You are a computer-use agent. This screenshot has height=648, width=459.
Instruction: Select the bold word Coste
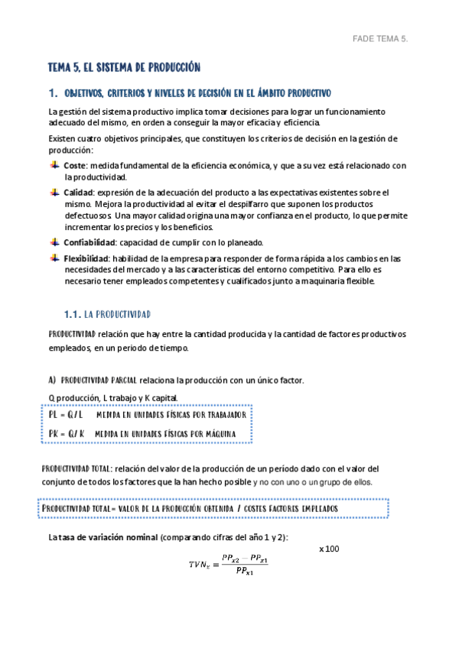pos(74,166)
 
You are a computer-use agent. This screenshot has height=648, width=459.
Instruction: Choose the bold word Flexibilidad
pos(87,258)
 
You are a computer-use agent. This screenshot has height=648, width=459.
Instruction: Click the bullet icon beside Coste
pos(54,165)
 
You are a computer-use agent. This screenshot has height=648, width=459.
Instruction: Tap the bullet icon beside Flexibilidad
pos(54,258)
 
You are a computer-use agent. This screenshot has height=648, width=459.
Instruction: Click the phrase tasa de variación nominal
pos(109,538)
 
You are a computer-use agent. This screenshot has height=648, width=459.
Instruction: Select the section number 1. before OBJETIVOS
pos(53,93)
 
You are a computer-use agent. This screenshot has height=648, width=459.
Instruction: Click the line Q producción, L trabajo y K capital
pos(112,397)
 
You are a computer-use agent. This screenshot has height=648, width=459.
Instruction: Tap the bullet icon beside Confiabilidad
pos(54,241)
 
